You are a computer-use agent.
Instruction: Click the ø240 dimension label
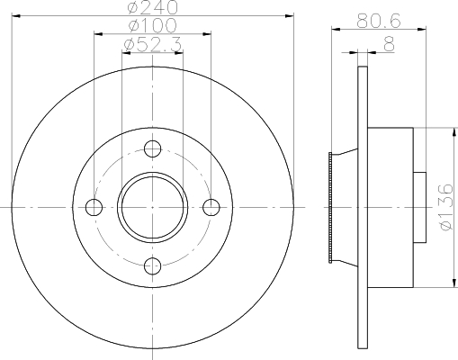[152, 8]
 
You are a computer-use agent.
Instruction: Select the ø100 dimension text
[152, 25]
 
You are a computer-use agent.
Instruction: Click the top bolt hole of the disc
[153, 148]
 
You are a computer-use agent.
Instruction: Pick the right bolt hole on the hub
[211, 207]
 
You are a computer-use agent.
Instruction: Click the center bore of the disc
[153, 207]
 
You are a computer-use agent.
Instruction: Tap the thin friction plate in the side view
[363, 207]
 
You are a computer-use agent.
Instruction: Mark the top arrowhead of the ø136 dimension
[447, 131]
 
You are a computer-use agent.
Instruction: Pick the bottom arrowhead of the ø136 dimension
[447, 284]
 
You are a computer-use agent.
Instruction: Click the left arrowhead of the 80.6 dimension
[334, 28]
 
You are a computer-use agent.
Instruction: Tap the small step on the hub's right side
[418, 208]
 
